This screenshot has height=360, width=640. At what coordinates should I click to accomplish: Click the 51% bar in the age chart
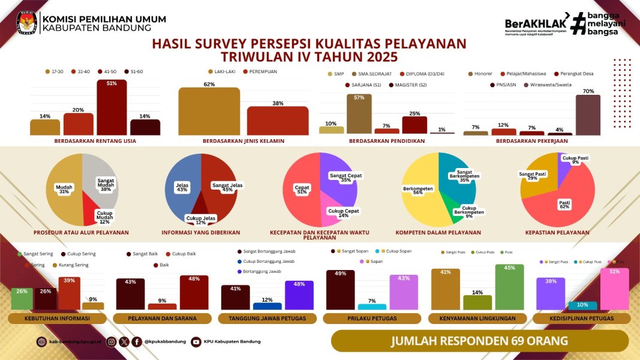coord(112,108)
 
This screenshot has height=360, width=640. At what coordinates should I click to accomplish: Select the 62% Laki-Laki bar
coord(209,112)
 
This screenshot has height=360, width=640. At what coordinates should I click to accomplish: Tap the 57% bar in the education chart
coord(359,114)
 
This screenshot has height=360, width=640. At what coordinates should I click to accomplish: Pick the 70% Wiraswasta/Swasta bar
coord(588,115)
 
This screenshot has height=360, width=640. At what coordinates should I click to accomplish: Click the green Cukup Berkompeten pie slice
coord(460,212)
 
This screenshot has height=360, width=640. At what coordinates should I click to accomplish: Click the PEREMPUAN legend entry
coord(259,71)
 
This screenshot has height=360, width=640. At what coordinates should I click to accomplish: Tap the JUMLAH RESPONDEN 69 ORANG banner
coord(479,341)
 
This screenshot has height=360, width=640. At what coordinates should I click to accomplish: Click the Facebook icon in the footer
coord(137,342)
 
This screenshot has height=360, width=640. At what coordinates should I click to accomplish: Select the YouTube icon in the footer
coord(196,342)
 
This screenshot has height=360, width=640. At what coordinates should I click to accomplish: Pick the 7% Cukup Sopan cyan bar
coord(372,306)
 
